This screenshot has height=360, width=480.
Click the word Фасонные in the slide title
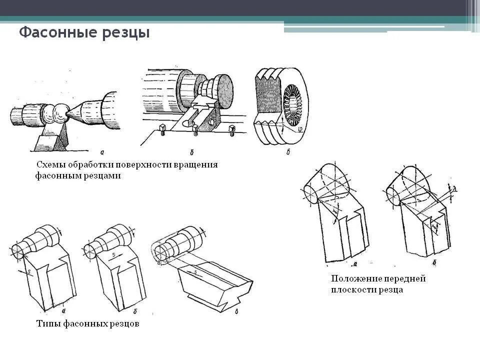(x=51, y=33)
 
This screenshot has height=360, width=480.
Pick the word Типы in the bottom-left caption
(x=48, y=324)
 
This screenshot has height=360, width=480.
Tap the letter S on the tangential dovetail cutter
(x=195, y=272)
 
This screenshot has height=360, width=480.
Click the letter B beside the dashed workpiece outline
(x=158, y=261)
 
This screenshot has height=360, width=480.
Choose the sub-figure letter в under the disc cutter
(x=288, y=152)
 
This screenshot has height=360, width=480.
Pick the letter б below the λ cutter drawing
(x=434, y=262)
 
